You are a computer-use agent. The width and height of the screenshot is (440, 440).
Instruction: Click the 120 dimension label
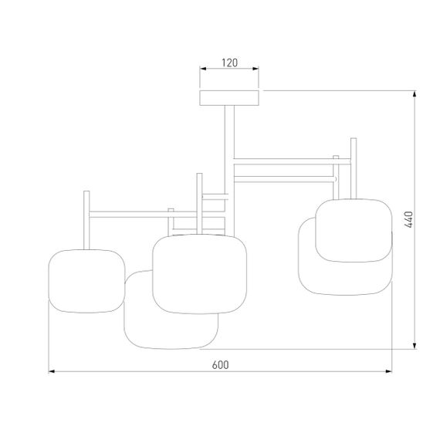point(229,63)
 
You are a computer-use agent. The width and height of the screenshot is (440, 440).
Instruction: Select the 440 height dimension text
point(409,219)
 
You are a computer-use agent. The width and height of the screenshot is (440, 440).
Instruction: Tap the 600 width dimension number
point(220,364)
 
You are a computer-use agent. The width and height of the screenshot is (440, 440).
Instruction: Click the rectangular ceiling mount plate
point(229,98)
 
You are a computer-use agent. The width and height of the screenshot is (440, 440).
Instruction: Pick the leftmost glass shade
point(86,281)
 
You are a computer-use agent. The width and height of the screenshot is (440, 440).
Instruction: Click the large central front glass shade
point(199,274)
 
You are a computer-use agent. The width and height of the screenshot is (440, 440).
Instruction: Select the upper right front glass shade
point(354,230)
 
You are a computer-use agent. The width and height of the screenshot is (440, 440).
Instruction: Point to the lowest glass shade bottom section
point(171,331)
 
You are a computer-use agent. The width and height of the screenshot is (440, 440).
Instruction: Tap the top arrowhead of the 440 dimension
point(415,93)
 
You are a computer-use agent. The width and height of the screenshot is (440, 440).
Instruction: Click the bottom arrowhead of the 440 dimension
point(415,346)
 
